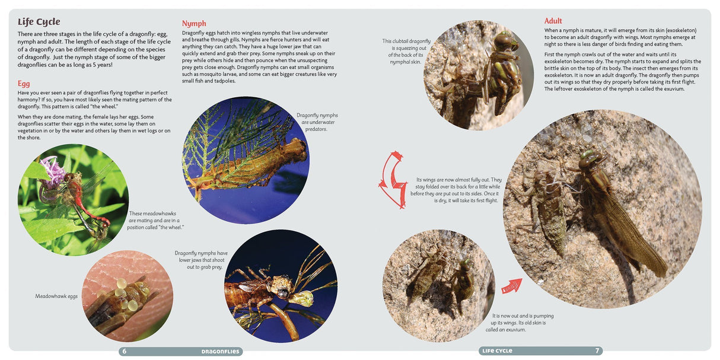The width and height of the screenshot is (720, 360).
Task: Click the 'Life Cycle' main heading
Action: click(x=39, y=22)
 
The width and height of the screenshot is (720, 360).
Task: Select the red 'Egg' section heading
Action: click(x=24, y=84)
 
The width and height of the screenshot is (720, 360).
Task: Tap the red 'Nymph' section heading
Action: click(x=194, y=24)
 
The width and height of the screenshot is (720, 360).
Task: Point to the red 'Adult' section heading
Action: click(x=553, y=21)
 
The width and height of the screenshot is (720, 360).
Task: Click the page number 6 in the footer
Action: click(x=124, y=351)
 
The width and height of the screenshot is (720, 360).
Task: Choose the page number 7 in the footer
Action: click(x=597, y=351)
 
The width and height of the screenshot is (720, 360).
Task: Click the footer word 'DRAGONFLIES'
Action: click(x=220, y=351)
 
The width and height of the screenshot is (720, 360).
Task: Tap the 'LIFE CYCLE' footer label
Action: click(x=497, y=351)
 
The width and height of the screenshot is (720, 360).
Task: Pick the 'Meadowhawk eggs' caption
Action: click(x=56, y=296)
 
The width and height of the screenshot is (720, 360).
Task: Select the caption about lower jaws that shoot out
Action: click(x=201, y=260)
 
